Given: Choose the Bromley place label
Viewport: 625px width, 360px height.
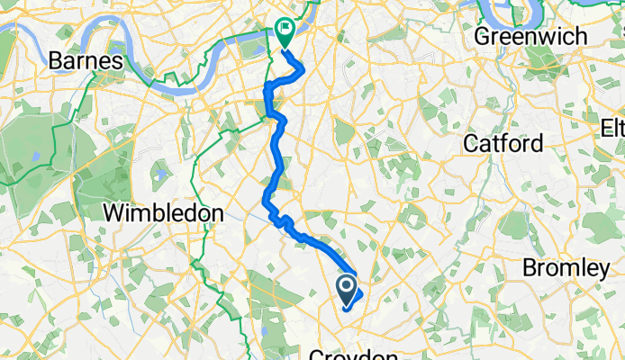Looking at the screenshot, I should click(566, 267).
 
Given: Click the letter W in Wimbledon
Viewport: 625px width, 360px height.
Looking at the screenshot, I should click(114, 213).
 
